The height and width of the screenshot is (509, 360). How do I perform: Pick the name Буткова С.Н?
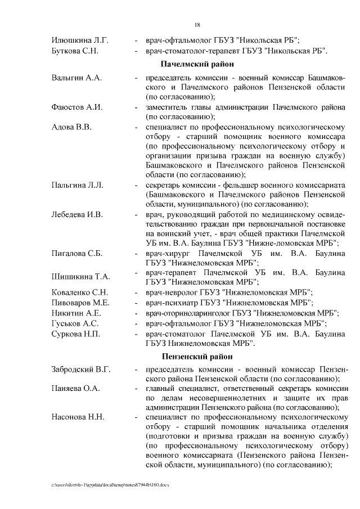pos(75,51)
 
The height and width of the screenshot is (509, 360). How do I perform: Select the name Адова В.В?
pos(71,127)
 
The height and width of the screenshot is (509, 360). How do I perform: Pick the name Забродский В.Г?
pos(81,370)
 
